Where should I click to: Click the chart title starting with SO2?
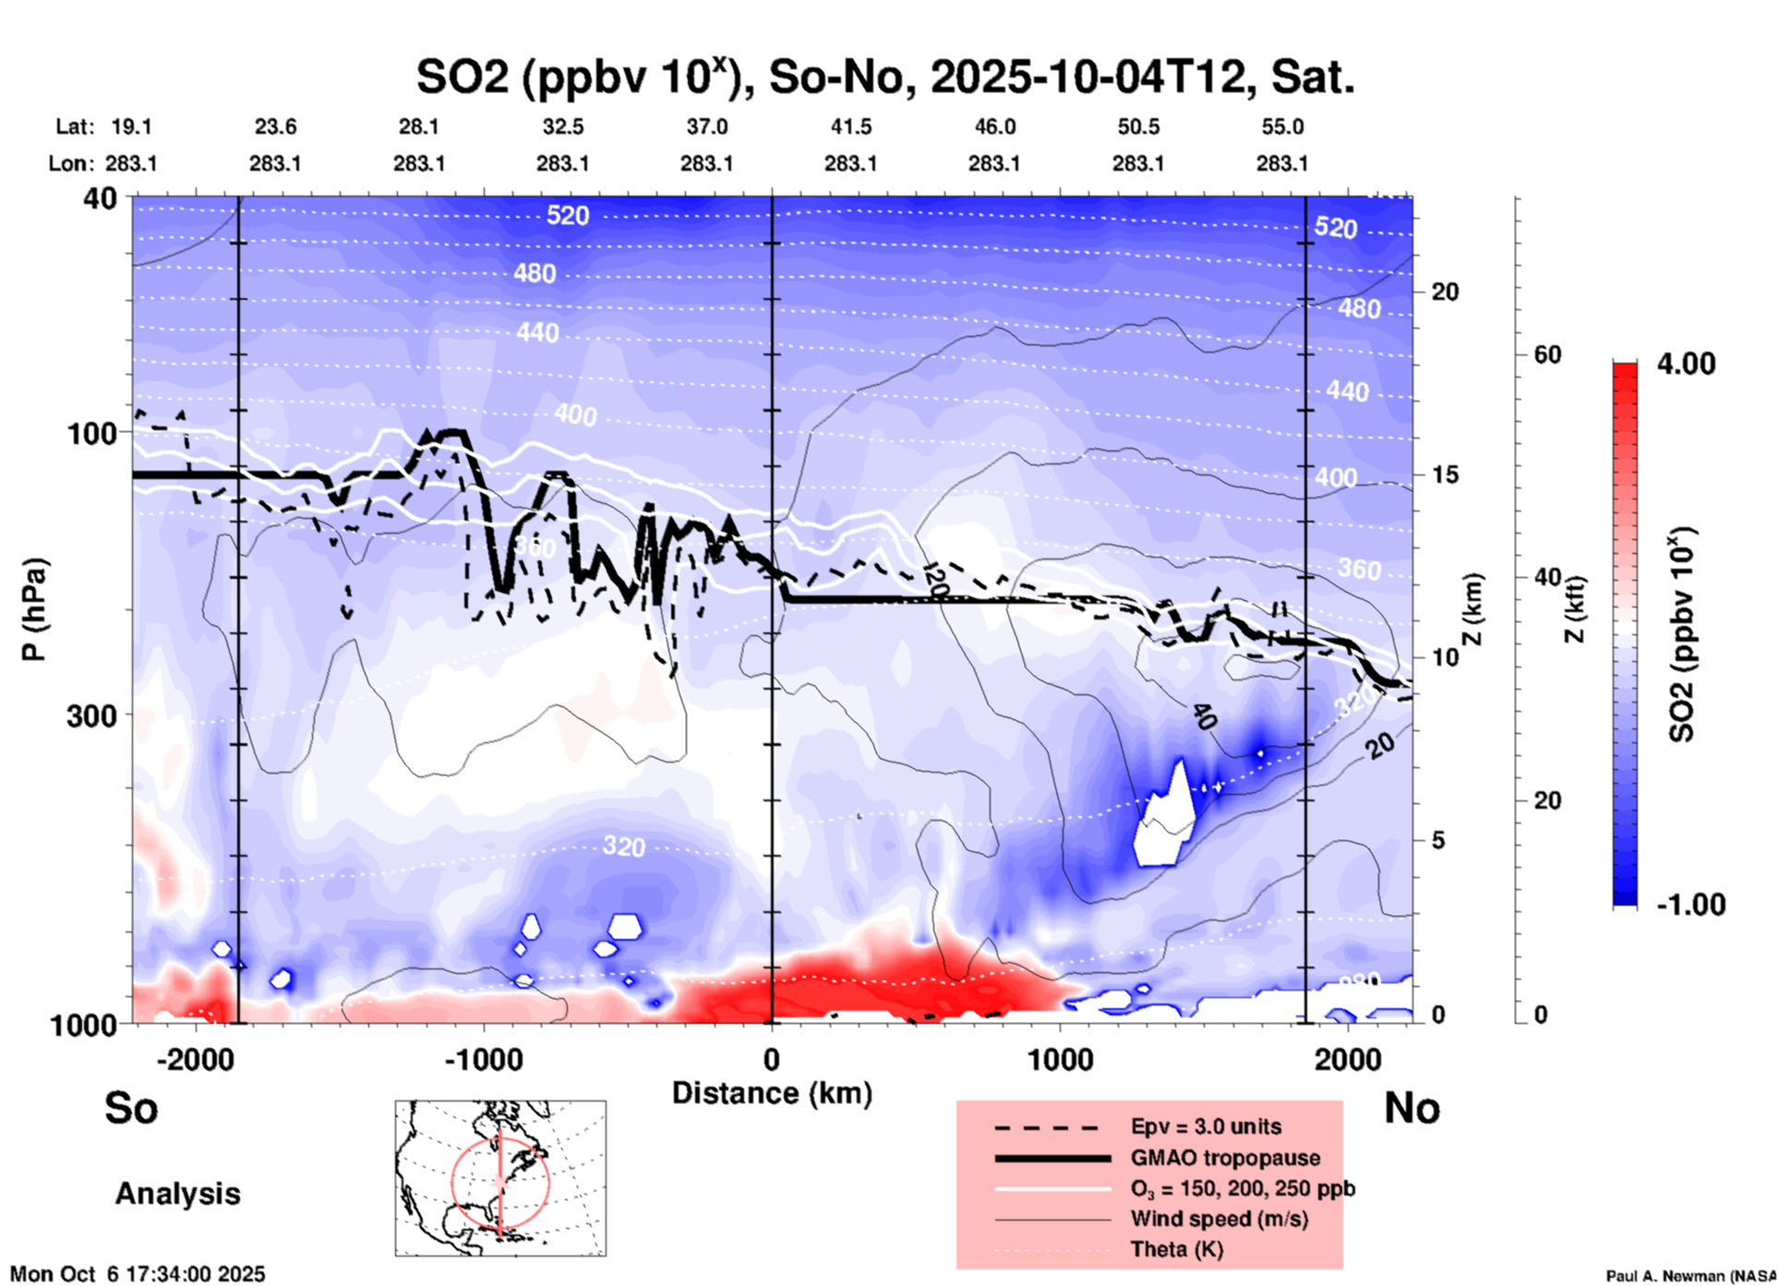pyautogui.click(x=884, y=77)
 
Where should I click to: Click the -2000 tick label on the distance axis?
pyautogui.click(x=195, y=1060)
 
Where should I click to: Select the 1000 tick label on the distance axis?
pyautogui.click(x=1060, y=1060)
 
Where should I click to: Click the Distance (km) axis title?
pyautogui.click(x=772, y=1093)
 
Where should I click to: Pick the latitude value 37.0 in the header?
pyautogui.click(x=707, y=126)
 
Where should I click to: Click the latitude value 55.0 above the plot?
pyautogui.click(x=1282, y=126)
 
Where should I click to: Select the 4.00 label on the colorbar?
pyautogui.click(x=1686, y=363)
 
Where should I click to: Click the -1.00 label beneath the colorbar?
pyautogui.click(x=1690, y=905)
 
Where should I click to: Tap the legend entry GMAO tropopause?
pyautogui.click(x=1225, y=1158)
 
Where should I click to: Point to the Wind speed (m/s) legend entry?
pyautogui.click(x=1219, y=1219)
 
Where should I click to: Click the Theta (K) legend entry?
pyautogui.click(x=1176, y=1249)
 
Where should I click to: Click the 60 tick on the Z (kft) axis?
pyautogui.click(x=1547, y=355)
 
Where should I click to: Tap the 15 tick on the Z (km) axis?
pyautogui.click(x=1445, y=475)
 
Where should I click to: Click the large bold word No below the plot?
pyautogui.click(x=1412, y=1108)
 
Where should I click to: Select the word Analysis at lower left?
pyautogui.click(x=177, y=1194)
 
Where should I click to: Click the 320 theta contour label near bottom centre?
pyautogui.click(x=624, y=846)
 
